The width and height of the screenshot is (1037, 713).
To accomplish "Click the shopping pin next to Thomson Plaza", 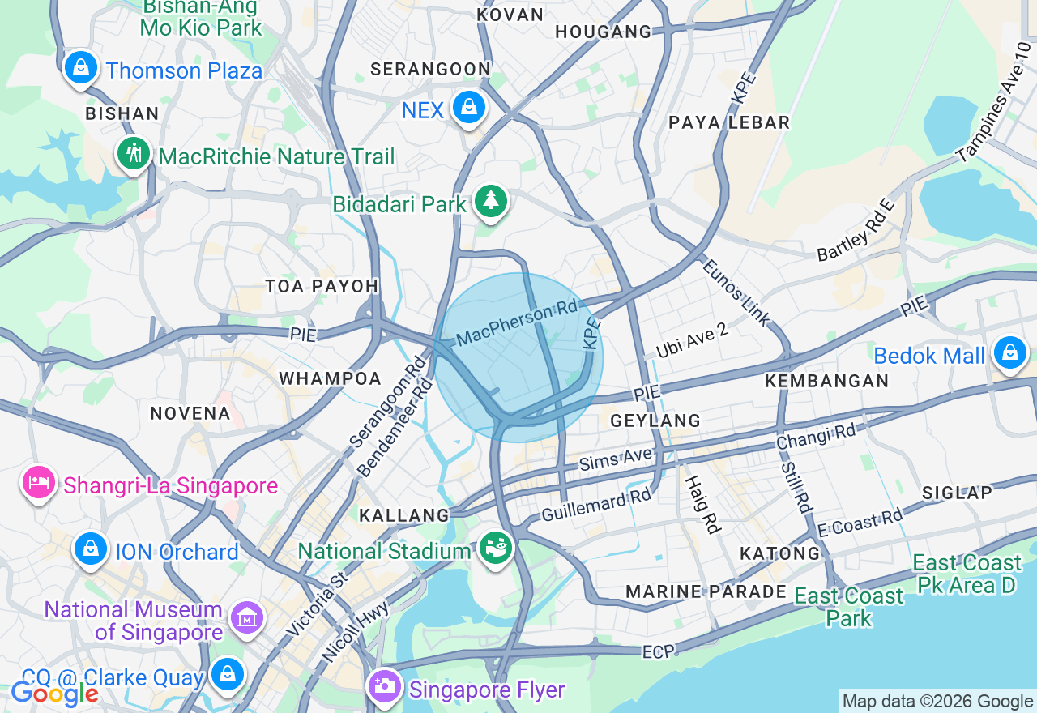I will pos(81,67).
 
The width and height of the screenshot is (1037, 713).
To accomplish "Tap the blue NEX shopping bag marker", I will pos(468,107).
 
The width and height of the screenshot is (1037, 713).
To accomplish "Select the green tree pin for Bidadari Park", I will pos(490,200).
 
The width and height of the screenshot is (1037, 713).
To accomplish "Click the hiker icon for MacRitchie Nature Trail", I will pos(134,153).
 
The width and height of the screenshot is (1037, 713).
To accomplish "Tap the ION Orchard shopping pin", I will pos(91,549).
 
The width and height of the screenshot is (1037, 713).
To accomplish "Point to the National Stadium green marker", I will pos(496,549).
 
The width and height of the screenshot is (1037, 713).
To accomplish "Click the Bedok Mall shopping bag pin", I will pos(1010,353).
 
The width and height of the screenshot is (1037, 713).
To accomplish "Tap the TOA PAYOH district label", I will pos(322,286).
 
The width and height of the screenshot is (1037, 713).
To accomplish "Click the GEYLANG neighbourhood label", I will pos(655,421).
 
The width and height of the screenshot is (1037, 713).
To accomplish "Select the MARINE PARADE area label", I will pos(706,591).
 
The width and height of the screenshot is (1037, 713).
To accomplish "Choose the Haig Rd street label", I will pos(702,505).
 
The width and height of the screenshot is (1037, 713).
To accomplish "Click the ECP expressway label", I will pos(657,651).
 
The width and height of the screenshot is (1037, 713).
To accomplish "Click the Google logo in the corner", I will pos(53,694).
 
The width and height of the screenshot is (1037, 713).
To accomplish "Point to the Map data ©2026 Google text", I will pos(937,702).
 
